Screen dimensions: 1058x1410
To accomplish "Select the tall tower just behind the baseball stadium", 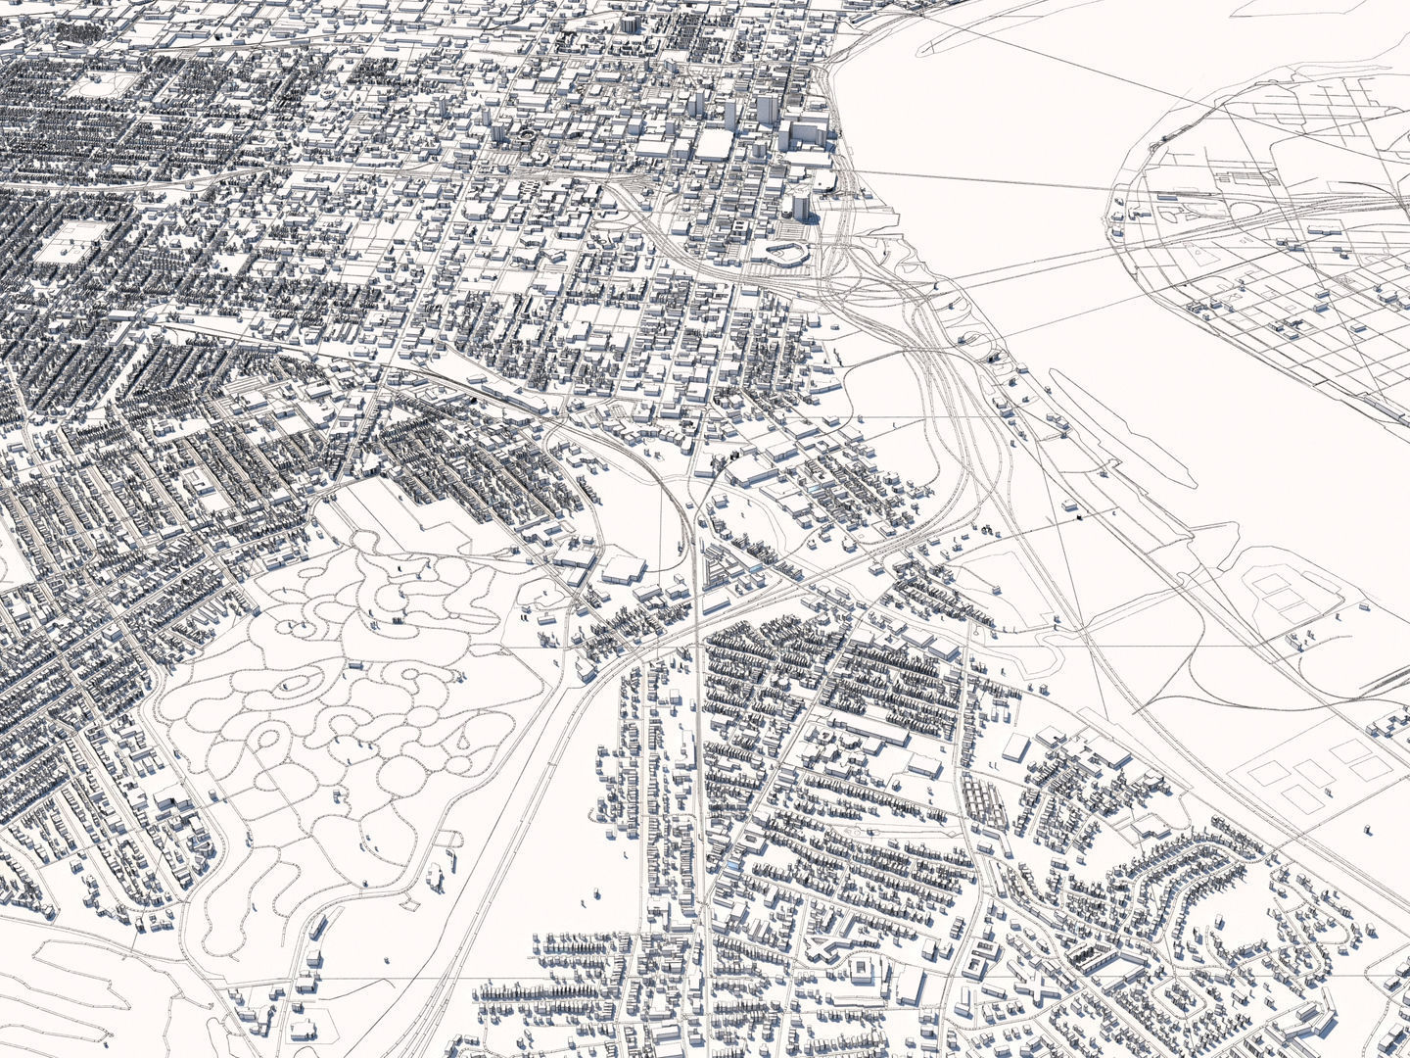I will (x=800, y=207).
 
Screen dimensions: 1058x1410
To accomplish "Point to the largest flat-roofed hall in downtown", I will (x=715, y=143).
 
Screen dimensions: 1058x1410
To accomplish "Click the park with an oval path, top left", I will (x=99, y=86).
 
